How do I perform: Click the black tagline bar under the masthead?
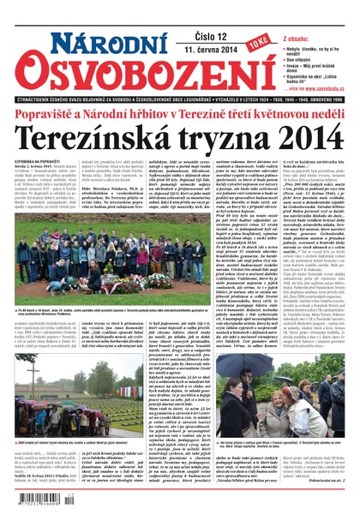(179, 96)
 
